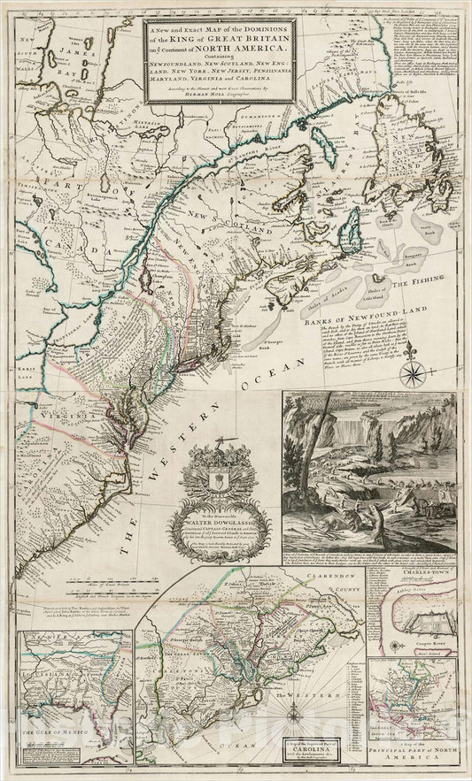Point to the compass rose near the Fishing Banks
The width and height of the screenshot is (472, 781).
click(x=411, y=373)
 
